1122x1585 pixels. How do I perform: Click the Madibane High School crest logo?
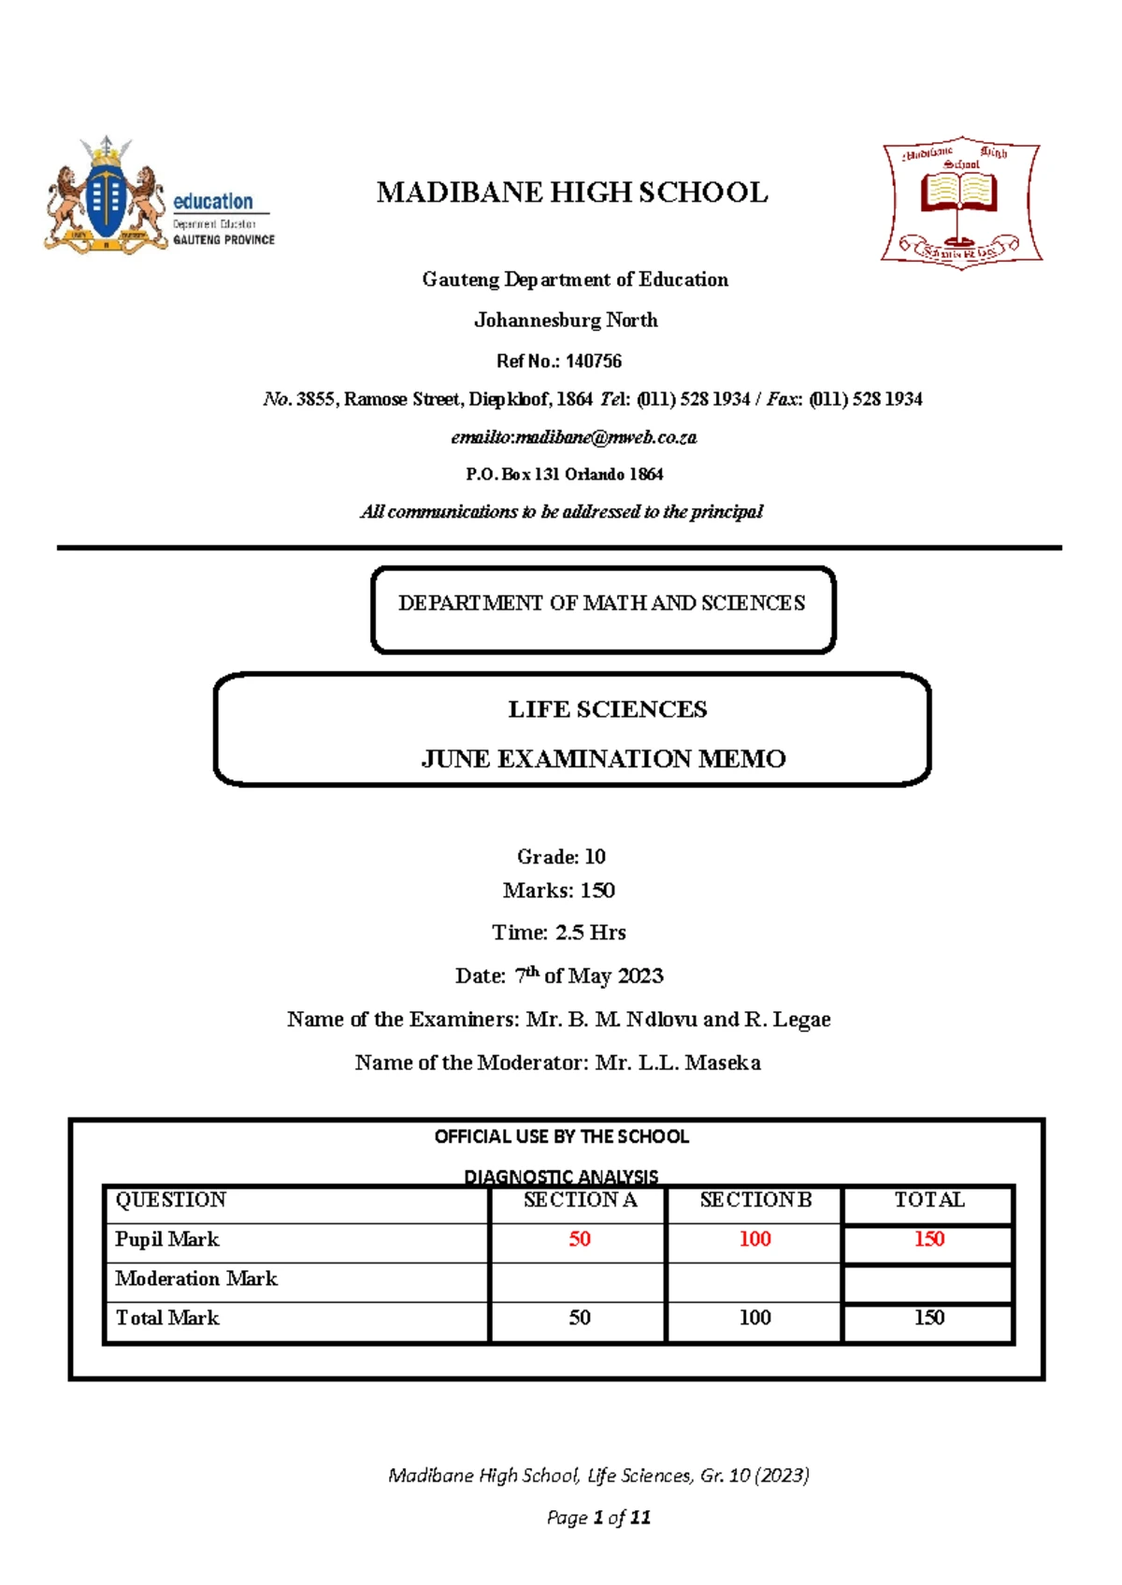click(961, 202)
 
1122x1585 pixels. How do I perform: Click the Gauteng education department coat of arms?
click(104, 197)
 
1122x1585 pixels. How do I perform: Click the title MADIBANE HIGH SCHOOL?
click(572, 193)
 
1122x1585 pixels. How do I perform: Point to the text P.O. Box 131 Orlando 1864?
click(565, 474)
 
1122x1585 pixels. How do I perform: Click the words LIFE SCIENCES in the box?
click(607, 709)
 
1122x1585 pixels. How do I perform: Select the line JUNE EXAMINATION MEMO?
click(603, 759)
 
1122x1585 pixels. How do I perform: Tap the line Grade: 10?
click(561, 856)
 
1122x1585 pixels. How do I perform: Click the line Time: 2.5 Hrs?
click(559, 932)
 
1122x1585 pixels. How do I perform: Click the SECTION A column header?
click(580, 1200)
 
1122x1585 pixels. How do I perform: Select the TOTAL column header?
click(928, 1200)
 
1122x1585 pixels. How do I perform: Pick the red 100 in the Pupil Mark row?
click(755, 1239)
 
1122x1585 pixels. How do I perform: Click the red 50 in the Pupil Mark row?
click(580, 1239)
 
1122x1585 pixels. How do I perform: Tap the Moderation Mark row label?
click(196, 1278)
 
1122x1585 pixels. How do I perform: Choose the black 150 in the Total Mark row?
click(928, 1318)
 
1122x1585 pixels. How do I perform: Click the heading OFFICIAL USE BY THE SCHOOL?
click(561, 1136)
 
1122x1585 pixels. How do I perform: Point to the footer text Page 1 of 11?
click(598, 1518)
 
